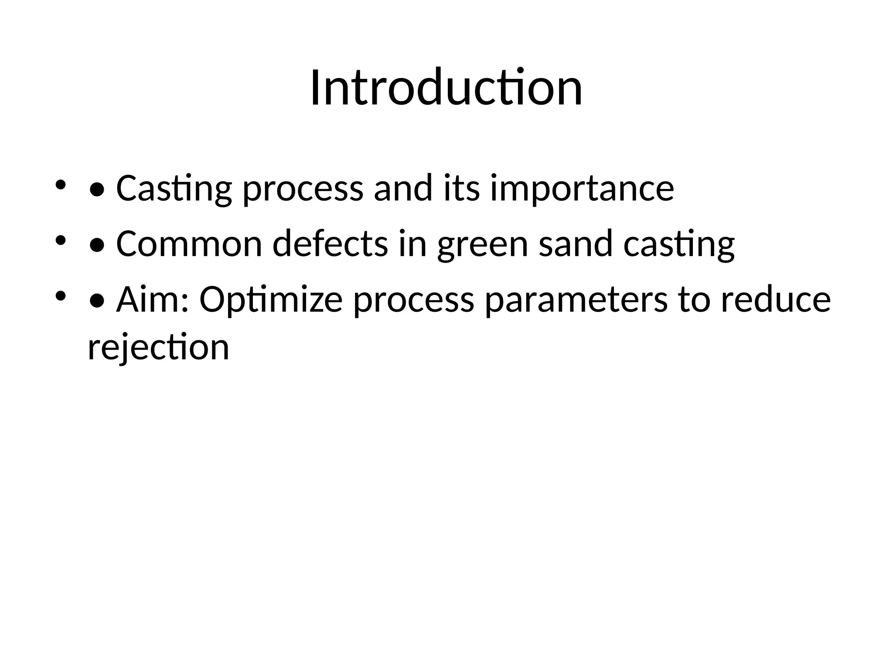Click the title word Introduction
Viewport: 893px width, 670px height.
446,88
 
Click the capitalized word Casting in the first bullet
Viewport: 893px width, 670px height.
174,189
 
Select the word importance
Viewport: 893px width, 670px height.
582,189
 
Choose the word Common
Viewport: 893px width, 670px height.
189,244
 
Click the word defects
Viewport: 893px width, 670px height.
330,244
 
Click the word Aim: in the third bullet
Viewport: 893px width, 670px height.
152,300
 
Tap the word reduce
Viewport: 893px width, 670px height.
776,300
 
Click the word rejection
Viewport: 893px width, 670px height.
158,348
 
